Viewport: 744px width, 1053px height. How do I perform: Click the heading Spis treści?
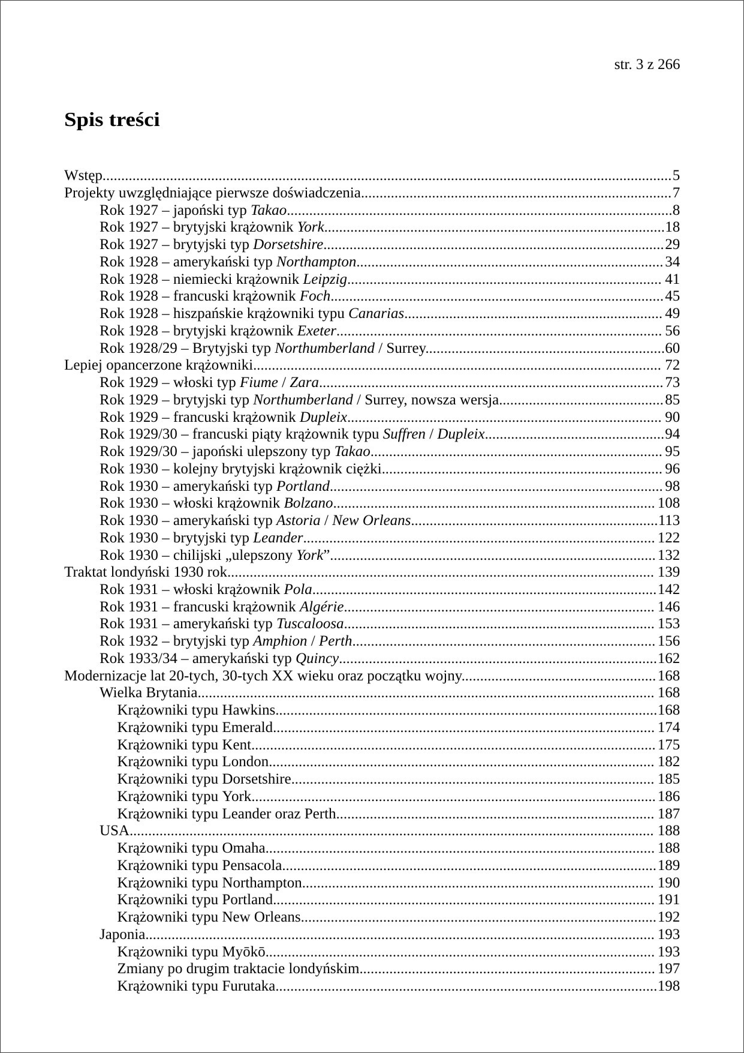pos(112,120)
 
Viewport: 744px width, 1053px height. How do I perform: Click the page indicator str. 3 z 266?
pos(647,65)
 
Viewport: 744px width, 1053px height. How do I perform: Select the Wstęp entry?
pos(83,176)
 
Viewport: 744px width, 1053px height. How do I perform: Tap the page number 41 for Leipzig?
pos(673,279)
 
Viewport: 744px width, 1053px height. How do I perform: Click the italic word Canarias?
pos(376,313)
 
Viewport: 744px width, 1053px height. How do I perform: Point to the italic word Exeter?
pos(317,331)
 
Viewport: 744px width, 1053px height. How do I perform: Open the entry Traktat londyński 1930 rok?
pos(146,572)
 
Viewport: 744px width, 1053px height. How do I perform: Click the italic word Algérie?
pos(321,607)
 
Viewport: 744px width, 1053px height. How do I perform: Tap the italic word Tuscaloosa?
pos(310,624)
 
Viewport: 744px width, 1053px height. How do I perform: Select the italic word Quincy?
pos(318,659)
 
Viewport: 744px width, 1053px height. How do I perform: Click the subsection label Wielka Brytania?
pos(148,693)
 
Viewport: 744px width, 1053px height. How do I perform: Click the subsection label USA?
pos(115,831)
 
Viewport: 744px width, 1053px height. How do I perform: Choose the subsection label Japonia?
pos(122,934)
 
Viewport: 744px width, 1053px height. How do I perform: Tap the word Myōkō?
pos(243,952)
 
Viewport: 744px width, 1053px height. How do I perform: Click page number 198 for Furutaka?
pos(669,986)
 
